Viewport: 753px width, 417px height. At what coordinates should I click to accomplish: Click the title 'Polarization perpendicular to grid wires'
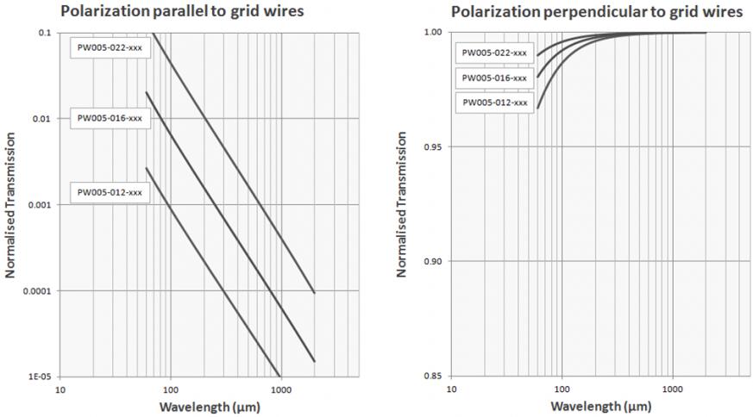click(595, 12)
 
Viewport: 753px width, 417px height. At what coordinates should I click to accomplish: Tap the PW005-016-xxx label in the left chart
click(110, 117)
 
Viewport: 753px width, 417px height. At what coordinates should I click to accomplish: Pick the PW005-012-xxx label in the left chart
click(110, 191)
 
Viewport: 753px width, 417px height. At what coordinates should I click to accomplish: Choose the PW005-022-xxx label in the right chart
click(494, 53)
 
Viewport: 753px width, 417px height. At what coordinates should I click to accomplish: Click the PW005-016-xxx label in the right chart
click(494, 78)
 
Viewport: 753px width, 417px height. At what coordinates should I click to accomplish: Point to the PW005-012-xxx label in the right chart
click(494, 103)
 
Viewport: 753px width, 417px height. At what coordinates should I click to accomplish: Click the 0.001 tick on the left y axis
click(39, 205)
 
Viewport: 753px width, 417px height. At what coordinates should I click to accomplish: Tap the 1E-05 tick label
click(39, 377)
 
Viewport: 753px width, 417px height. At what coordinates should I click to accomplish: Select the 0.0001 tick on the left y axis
click(36, 291)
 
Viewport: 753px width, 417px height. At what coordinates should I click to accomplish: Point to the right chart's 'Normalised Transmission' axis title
click(401, 204)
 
